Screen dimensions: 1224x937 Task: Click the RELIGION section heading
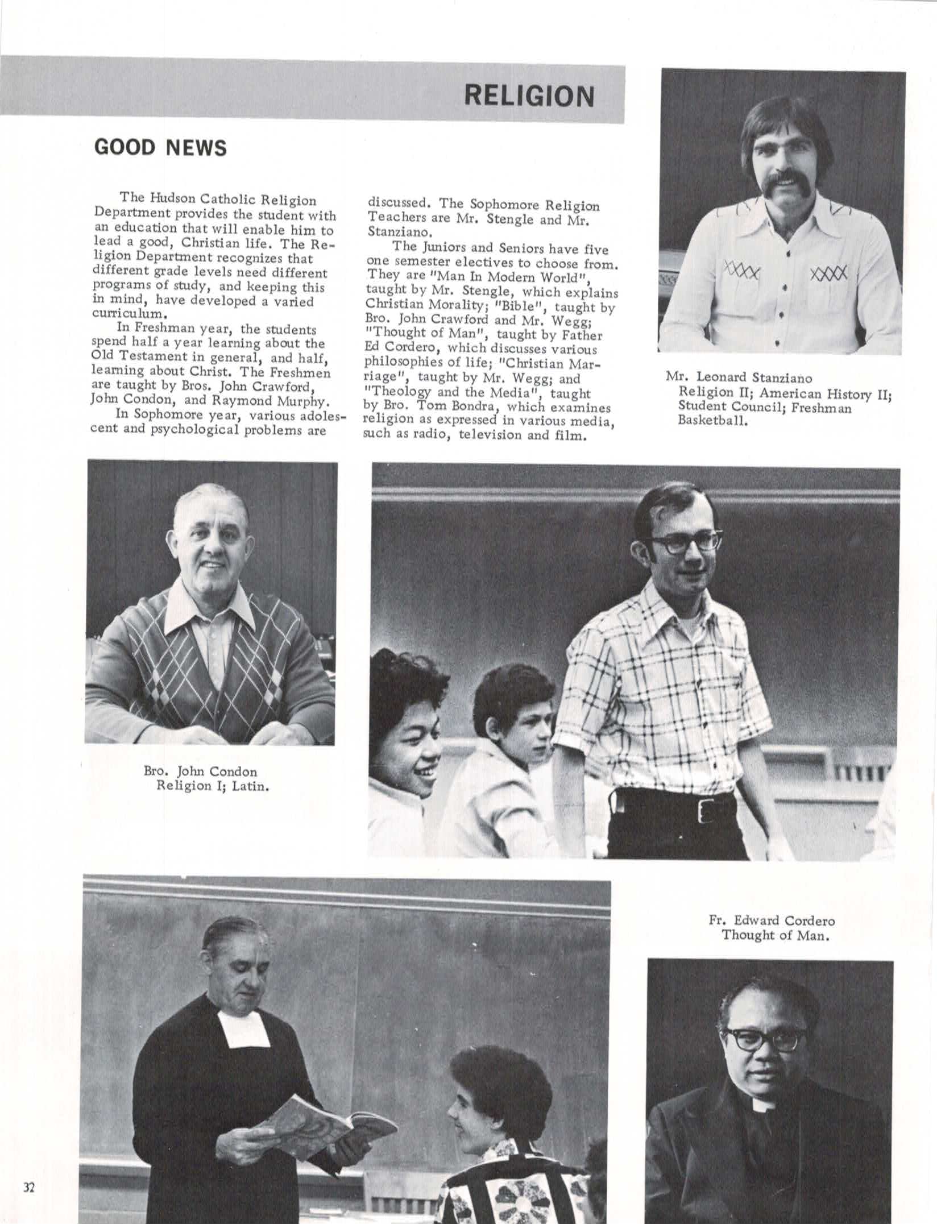(x=529, y=96)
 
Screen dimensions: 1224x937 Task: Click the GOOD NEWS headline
(x=160, y=148)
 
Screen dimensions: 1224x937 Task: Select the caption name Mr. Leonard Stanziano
(x=739, y=377)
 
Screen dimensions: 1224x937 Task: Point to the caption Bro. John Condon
(x=200, y=771)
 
